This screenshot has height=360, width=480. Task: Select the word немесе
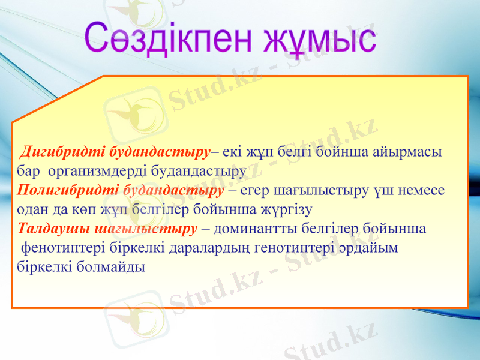(424, 190)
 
